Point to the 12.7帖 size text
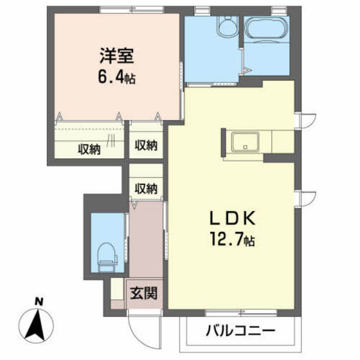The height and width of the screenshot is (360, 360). (x=230, y=241)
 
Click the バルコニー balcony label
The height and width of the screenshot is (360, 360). (x=240, y=332)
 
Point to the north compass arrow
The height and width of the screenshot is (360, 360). (x=39, y=322)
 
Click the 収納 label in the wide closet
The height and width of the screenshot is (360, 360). (x=89, y=148)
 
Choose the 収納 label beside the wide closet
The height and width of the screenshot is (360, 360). (x=145, y=145)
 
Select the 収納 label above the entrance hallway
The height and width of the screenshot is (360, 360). (x=145, y=188)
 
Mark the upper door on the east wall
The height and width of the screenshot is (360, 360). (x=305, y=121)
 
